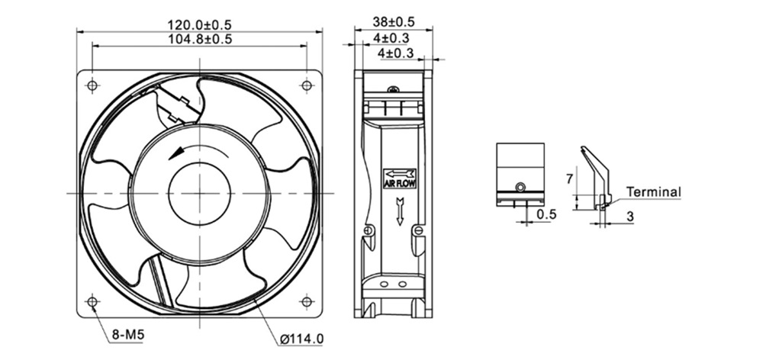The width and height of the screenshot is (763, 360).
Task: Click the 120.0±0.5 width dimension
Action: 199,24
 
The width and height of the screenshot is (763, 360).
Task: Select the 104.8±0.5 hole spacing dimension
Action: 199,39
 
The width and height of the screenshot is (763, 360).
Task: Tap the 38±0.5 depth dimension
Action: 393,22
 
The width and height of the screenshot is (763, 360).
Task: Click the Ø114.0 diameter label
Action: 301,339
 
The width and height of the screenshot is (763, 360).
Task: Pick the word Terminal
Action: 654,192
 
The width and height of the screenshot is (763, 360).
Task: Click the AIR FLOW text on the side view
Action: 400,184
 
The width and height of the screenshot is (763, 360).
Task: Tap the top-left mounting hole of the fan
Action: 92,85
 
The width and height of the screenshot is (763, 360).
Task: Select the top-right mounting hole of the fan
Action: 306,85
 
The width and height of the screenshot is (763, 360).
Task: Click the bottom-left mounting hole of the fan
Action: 92,301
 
